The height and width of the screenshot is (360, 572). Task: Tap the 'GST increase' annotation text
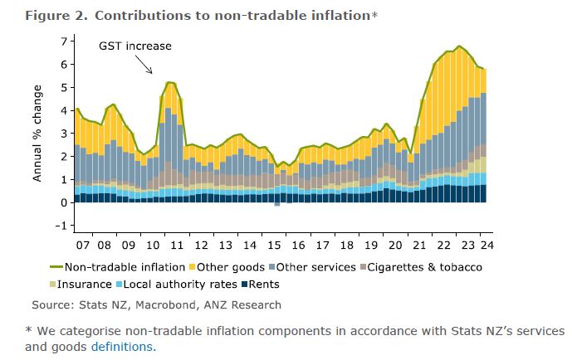134,46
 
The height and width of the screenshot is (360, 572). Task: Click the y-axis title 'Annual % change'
38,134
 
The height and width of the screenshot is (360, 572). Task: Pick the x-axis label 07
84,246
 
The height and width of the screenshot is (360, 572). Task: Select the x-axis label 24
486,246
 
